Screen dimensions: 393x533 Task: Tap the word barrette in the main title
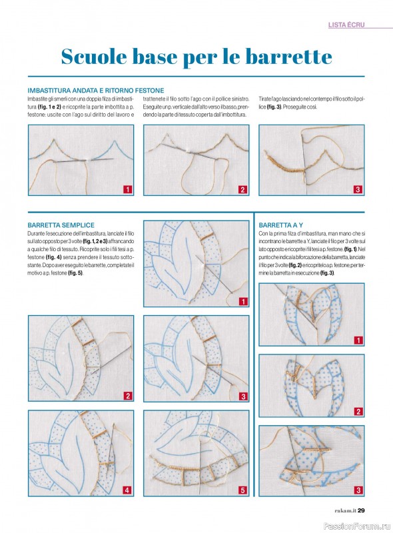pos(288,57)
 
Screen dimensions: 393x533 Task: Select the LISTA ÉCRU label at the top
pos(346,25)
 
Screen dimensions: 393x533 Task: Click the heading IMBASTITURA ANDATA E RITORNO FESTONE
pos(96,91)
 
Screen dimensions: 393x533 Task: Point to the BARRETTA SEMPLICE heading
pos(61,225)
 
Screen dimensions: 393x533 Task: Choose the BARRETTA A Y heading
pos(281,225)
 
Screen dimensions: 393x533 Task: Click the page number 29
pos(361,510)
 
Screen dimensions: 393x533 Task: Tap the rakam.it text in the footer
pos(345,510)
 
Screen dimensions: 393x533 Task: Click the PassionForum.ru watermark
pos(356,526)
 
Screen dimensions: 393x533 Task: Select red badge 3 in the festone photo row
pos(358,189)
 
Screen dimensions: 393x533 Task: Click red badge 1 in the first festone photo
pos(127,189)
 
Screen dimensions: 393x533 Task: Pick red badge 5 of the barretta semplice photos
pos(242,490)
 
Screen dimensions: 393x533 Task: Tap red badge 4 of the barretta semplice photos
pos(127,490)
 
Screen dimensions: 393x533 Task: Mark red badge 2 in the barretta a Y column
pos(358,412)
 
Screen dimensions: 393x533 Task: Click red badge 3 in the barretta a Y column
pos(358,490)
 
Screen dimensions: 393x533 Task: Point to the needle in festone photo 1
pos(83,161)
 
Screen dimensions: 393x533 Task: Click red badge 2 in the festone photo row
pos(242,189)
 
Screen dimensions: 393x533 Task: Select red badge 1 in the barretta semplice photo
pos(242,302)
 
